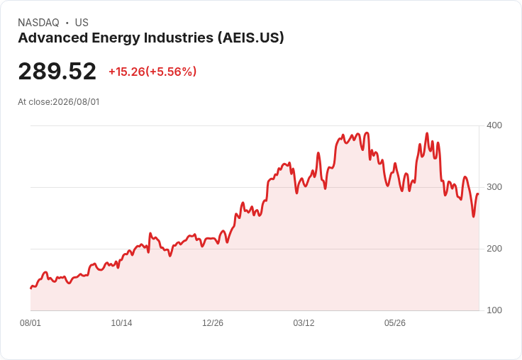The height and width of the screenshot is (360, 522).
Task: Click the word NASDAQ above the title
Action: [38, 23]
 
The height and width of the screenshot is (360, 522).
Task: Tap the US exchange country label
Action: [82, 23]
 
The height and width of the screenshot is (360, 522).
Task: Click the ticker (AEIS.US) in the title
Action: [251, 38]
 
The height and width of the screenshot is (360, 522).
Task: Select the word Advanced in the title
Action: [52, 38]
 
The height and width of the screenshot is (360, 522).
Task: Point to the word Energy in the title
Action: [116, 38]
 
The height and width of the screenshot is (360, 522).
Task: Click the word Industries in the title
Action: [179, 38]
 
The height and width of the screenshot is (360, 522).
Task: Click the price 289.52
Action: [57, 71]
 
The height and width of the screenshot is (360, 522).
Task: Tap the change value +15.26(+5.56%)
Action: [152, 72]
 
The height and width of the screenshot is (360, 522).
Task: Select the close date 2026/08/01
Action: [76, 102]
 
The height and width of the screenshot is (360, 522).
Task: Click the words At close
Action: [35, 102]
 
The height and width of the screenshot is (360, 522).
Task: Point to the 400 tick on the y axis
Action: [494, 125]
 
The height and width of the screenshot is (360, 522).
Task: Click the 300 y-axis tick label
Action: [494, 187]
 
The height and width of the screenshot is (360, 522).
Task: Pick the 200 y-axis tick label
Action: [494, 249]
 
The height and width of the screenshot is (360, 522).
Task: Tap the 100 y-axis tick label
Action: [494, 310]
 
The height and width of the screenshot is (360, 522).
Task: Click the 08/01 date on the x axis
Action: [30, 323]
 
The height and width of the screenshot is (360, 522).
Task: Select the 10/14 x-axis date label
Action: [121, 323]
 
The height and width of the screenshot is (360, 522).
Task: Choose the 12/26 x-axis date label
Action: [213, 323]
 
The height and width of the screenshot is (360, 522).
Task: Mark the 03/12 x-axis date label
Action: [304, 323]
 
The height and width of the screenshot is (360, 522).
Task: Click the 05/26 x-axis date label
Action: [395, 323]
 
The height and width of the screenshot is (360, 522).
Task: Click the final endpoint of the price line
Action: [478, 194]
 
